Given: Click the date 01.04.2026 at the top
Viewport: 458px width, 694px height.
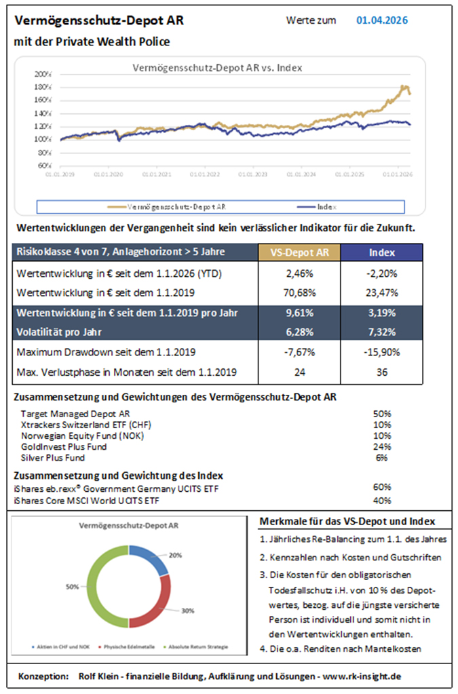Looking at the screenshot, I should tap(381, 20).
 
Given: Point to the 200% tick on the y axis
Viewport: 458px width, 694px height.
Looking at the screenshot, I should tap(43, 74).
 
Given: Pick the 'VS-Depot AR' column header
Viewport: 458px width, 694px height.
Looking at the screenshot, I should tap(300, 252).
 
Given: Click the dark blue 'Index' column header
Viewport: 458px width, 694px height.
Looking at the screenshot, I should tap(381, 252).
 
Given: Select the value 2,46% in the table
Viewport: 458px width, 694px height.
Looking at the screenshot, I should tap(300, 274).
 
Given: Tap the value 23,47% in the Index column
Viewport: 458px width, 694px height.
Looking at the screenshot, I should tap(381, 293).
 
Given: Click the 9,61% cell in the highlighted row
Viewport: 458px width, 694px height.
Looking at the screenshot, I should tap(300, 315).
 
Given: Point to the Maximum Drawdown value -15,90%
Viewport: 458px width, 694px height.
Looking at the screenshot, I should tap(381, 352).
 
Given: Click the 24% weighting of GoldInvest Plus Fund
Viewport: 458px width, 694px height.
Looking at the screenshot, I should tap(381, 446).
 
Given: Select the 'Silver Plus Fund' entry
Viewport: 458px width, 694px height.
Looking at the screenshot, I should tap(53, 457).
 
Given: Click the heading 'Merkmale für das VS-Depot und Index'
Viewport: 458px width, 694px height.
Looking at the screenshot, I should tap(347, 521).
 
